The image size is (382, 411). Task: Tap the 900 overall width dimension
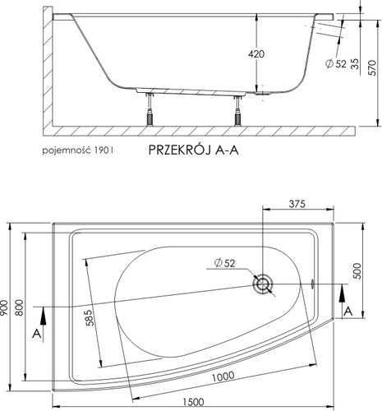coord(7,305)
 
